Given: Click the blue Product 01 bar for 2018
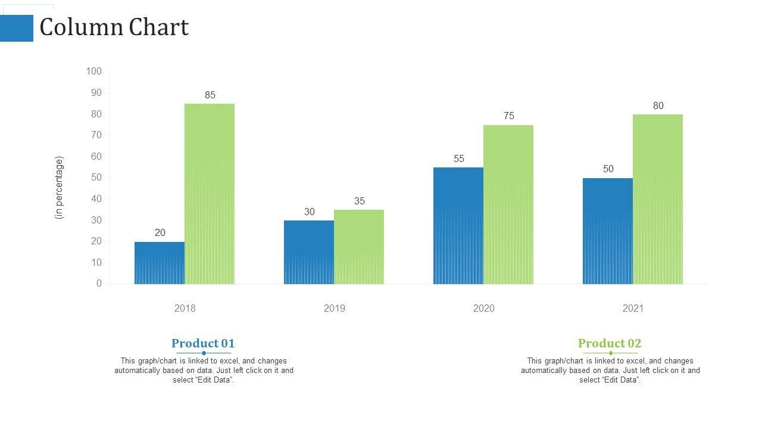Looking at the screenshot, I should (x=160, y=263).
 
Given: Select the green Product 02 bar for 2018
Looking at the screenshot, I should (x=210, y=194).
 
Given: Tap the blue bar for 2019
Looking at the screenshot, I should (x=309, y=252).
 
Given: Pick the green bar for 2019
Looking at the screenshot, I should (x=359, y=247).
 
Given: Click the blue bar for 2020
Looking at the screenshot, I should (x=458, y=226).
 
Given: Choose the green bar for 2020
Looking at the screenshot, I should (x=508, y=204).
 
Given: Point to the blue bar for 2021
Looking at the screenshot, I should (x=608, y=231).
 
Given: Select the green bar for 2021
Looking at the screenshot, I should (x=658, y=199).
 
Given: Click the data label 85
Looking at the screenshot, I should (x=210, y=95).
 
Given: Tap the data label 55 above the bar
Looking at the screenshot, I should (x=459, y=159).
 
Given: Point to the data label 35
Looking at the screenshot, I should (x=360, y=201).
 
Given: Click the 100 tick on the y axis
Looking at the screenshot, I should (x=94, y=71).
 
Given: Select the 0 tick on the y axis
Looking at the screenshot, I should (x=99, y=284).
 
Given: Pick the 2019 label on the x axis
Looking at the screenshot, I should (x=335, y=308).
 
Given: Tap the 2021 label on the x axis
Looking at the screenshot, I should (x=633, y=308).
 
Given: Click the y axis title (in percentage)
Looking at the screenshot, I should (x=59, y=188).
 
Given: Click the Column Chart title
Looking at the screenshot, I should (x=114, y=27).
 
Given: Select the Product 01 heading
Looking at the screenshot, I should (x=203, y=343).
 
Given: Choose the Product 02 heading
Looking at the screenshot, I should (x=610, y=343).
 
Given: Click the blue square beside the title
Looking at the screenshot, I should (x=17, y=28).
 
